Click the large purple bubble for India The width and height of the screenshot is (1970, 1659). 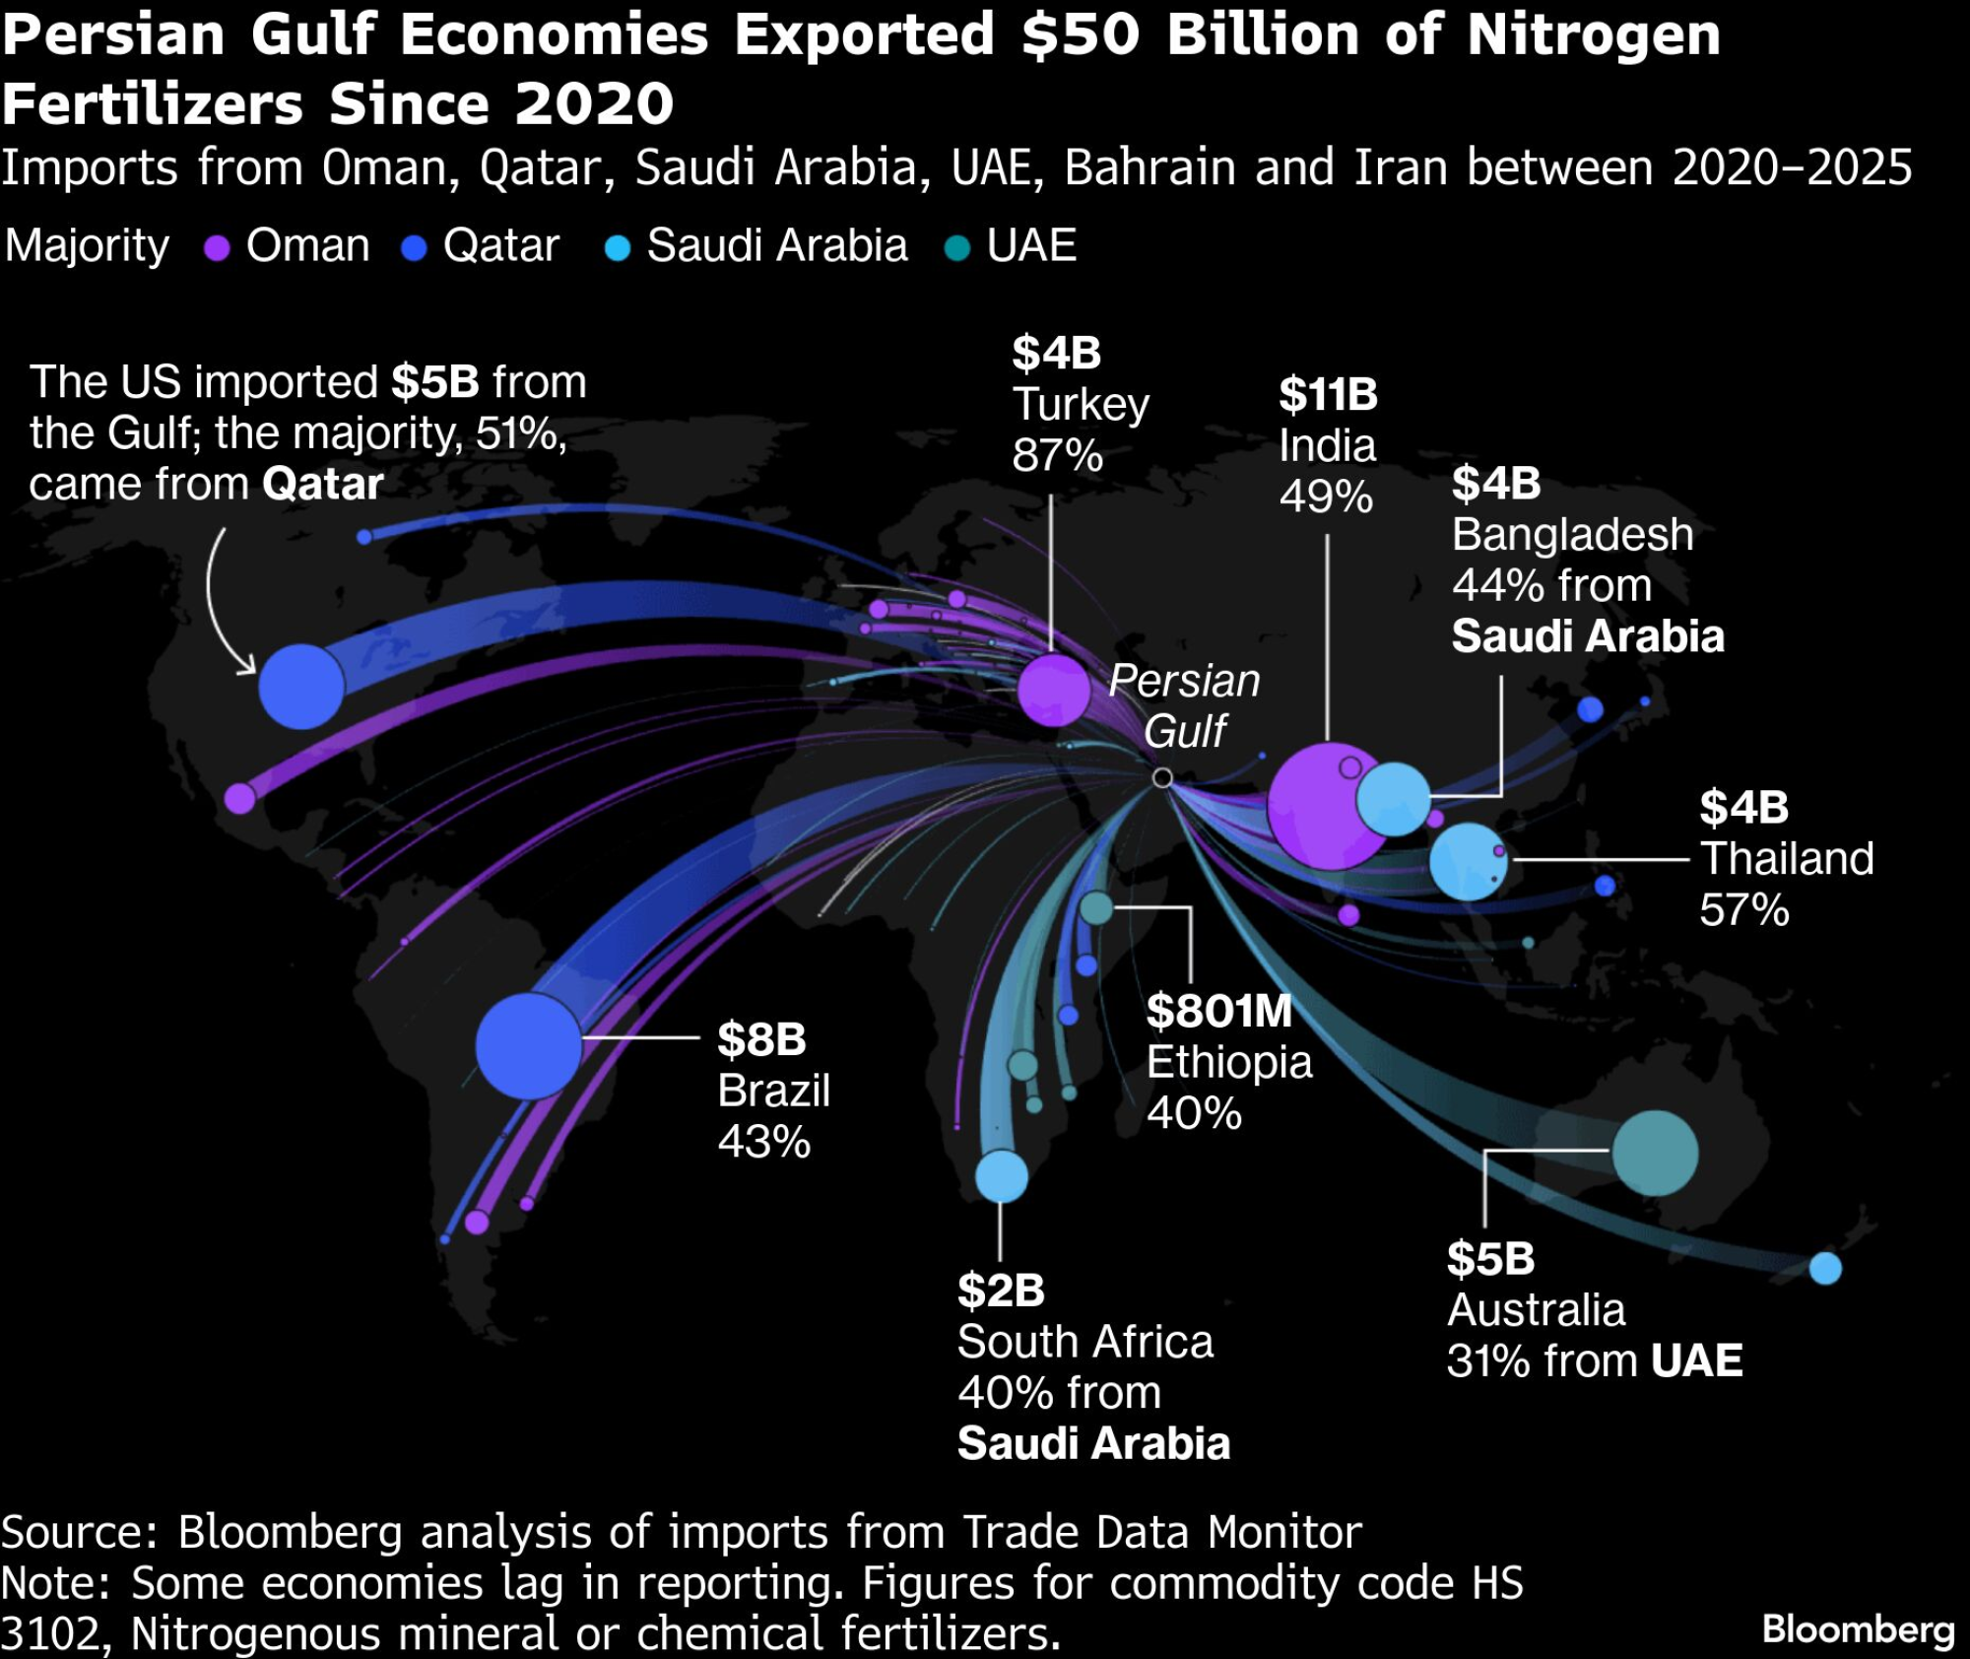point(1325,806)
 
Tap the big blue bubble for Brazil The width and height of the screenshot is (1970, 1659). point(529,1045)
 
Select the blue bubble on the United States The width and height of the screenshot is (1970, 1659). point(301,687)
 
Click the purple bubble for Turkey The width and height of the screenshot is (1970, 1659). point(1053,689)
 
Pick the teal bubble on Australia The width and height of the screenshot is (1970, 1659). point(1655,1153)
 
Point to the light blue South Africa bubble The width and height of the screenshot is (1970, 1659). point(1001,1176)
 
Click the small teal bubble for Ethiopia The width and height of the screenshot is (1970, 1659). point(1096,908)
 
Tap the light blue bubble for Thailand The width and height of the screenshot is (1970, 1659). point(1468,861)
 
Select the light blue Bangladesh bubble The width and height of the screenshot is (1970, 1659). point(1393,799)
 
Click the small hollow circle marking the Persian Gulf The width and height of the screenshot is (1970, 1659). point(1162,778)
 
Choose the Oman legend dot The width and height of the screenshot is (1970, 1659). point(217,248)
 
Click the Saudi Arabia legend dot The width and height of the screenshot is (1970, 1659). point(618,248)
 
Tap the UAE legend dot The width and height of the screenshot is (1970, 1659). point(956,248)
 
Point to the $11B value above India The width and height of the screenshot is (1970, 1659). point(1328,395)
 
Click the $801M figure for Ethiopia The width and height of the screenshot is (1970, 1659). point(1218,1012)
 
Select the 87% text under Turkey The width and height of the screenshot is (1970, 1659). point(1057,455)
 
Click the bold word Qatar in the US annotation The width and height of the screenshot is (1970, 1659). point(323,485)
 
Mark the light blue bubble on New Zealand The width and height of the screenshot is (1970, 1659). point(1825,1268)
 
